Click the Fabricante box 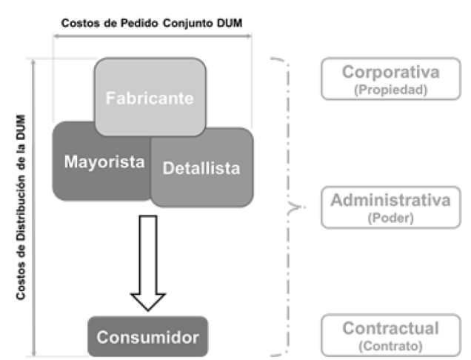click(x=150, y=96)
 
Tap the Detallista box click(x=202, y=168)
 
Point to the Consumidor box click(x=147, y=338)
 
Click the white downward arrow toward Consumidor click(x=149, y=263)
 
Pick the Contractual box click(x=391, y=335)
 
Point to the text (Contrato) click(x=391, y=346)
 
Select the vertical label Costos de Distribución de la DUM click(x=21, y=208)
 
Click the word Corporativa click(x=391, y=73)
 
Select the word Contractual click(x=391, y=328)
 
